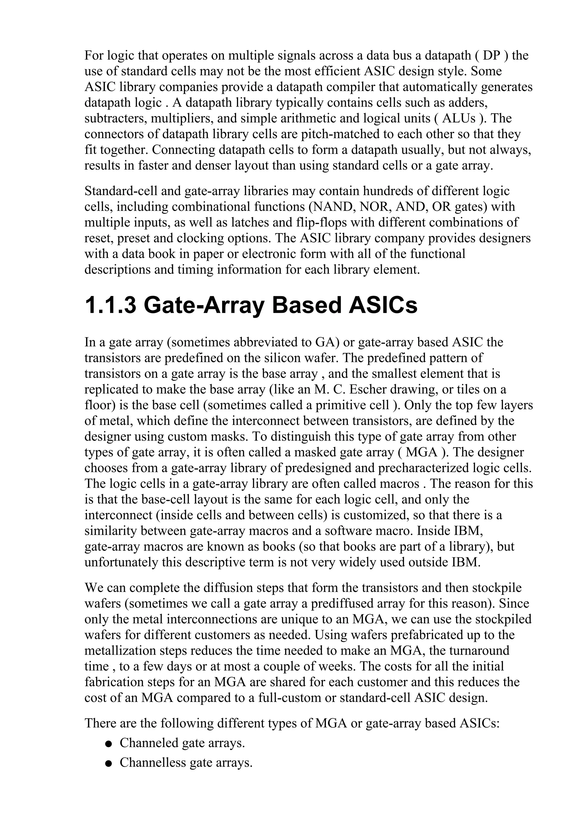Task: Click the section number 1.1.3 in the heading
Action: [110, 305]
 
